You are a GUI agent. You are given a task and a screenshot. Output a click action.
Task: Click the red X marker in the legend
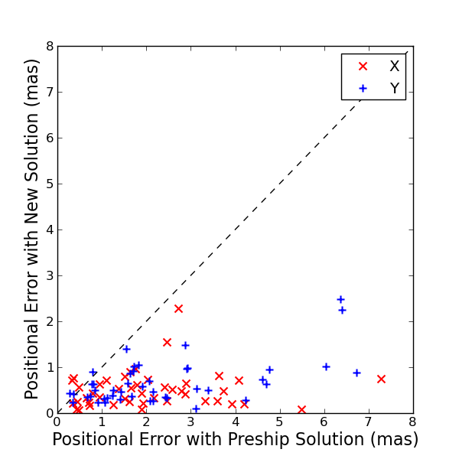click(x=363, y=67)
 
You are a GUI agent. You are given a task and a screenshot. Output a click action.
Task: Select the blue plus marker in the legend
click(x=363, y=89)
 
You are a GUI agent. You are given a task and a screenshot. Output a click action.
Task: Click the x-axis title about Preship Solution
click(x=235, y=440)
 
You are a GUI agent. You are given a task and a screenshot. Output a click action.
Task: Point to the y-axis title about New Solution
click(x=32, y=229)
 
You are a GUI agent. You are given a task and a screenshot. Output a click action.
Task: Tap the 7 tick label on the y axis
click(x=50, y=93)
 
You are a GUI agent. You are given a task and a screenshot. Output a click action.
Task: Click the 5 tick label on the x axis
click(x=279, y=422)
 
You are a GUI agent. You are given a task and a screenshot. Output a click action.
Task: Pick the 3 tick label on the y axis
click(x=50, y=276)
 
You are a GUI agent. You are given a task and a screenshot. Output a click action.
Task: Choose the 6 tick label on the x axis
click(x=324, y=422)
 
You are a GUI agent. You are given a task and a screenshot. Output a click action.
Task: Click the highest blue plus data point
click(x=340, y=299)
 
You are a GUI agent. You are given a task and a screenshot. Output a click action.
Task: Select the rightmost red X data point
click(x=381, y=379)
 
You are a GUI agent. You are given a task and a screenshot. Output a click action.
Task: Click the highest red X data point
click(x=178, y=308)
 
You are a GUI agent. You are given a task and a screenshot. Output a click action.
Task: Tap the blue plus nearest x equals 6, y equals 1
click(x=326, y=366)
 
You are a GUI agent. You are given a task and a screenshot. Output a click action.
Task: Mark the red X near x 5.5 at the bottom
click(x=301, y=409)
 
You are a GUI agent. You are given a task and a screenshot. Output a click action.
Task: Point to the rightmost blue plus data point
click(x=356, y=373)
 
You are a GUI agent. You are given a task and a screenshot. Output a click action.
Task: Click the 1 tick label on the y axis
click(x=50, y=368)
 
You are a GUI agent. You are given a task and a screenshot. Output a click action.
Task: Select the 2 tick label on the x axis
click(x=146, y=422)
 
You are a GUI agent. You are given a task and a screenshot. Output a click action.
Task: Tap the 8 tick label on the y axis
click(x=50, y=47)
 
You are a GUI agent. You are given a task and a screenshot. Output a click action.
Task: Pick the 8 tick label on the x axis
click(x=412, y=422)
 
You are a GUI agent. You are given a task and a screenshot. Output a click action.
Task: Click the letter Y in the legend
click(x=395, y=89)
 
